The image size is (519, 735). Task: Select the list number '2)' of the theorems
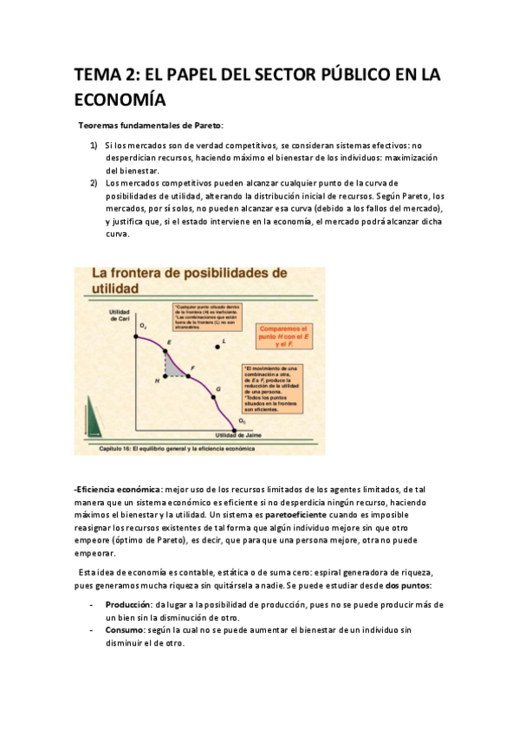[x=94, y=183]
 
